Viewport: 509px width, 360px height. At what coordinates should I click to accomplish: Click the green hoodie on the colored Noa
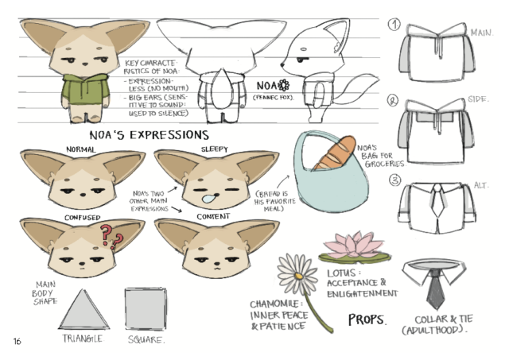click(x=85, y=88)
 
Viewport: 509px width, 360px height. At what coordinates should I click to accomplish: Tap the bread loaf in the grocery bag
click(x=335, y=153)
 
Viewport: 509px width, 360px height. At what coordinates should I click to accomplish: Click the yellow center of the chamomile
click(x=298, y=276)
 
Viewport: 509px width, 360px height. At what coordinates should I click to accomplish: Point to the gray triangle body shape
click(x=84, y=310)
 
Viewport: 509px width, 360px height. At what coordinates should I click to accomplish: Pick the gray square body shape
click(x=146, y=309)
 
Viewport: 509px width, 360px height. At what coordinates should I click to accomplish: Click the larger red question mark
click(x=106, y=234)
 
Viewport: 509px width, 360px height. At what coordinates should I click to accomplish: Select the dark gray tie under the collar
click(x=435, y=289)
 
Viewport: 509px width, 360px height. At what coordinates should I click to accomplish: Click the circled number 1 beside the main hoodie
click(x=394, y=25)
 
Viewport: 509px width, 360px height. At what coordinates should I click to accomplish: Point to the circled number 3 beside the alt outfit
click(x=394, y=180)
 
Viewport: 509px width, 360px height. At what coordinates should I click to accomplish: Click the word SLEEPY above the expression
click(x=214, y=149)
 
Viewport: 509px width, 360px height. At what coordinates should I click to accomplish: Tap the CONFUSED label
click(x=83, y=218)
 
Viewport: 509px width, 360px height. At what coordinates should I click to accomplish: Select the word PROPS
click(x=367, y=319)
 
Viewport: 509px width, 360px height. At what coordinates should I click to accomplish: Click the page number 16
click(x=17, y=341)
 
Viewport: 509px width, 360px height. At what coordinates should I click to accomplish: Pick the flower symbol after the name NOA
click(x=283, y=85)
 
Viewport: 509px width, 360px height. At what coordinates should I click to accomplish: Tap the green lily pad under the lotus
click(x=355, y=257)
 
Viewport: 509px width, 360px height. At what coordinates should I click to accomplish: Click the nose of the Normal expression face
click(x=83, y=195)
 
